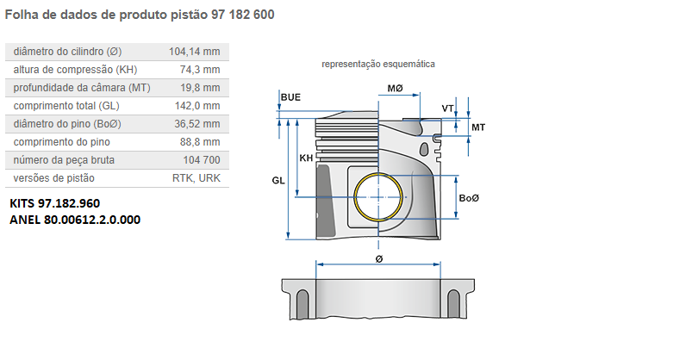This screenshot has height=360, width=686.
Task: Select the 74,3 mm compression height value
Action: tap(201, 70)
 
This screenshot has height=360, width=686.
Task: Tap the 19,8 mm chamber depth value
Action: tap(201, 88)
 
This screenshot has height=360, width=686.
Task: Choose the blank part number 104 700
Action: tap(202, 160)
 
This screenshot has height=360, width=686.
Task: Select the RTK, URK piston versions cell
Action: tap(196, 178)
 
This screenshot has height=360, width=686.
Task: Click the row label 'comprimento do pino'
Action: tap(62, 142)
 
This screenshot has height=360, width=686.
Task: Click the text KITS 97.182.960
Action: tap(54, 204)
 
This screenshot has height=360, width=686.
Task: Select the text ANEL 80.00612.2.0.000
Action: tap(75, 220)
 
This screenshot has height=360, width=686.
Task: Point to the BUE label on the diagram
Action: tap(291, 98)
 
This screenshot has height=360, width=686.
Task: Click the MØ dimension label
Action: tap(396, 90)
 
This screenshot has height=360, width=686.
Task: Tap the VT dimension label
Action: tap(447, 109)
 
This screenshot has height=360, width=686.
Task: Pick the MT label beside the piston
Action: tap(478, 127)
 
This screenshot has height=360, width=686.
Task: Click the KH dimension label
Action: tap(306, 158)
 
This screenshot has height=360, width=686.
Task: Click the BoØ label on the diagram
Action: tap(470, 199)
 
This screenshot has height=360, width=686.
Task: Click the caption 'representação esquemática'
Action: tap(377, 65)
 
